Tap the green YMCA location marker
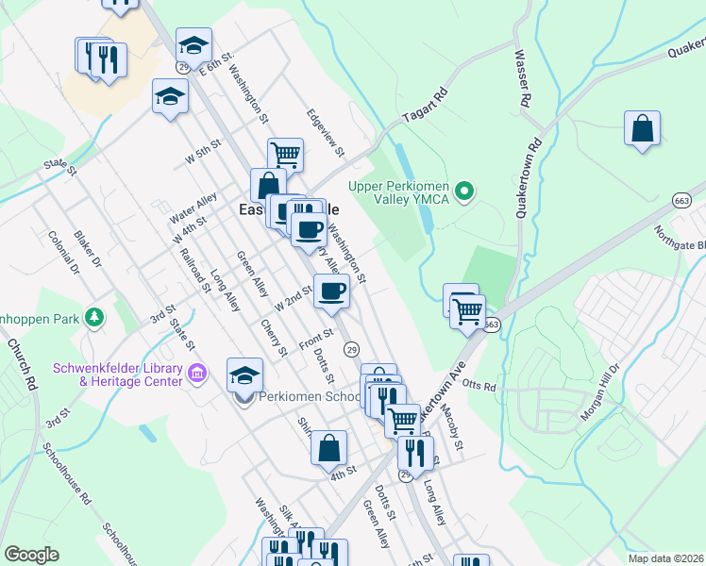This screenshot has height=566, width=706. click(x=463, y=192)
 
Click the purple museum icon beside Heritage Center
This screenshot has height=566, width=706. click(x=196, y=375)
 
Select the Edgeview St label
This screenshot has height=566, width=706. click(x=326, y=133)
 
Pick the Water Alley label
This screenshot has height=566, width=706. click(x=193, y=210)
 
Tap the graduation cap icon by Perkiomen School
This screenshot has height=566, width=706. click(x=244, y=375)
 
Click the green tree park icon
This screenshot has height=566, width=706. click(x=93, y=317)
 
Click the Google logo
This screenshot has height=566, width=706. click(x=31, y=555)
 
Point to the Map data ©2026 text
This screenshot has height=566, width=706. click(x=666, y=558)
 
